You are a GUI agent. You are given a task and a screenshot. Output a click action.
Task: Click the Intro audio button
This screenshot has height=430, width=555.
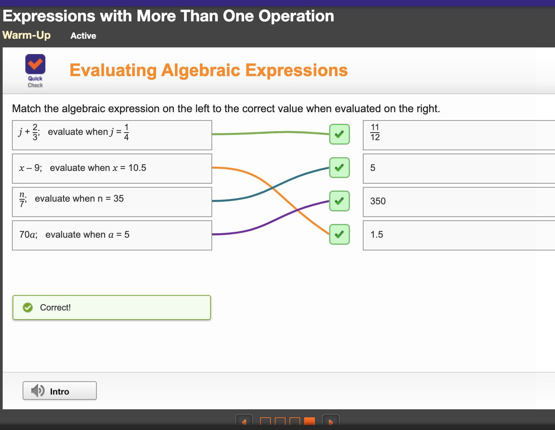[59, 391]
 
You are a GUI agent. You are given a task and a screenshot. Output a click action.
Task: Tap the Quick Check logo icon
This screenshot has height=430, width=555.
[35, 64]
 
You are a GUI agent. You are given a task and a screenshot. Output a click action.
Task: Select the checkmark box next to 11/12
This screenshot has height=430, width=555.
[339, 134]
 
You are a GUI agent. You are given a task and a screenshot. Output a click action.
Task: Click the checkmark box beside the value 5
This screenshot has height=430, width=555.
[339, 168]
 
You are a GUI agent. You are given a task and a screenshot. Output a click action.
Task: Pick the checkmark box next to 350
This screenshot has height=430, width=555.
[339, 201]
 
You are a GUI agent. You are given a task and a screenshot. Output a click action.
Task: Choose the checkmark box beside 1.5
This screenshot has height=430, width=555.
[339, 234]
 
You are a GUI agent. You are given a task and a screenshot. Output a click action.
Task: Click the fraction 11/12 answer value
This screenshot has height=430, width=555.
[375, 132]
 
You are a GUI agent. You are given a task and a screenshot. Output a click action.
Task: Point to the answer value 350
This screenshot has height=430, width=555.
[378, 201]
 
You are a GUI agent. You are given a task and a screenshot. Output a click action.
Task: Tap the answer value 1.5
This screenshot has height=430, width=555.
[377, 235]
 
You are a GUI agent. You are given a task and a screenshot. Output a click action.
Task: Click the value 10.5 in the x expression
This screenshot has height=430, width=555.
[137, 168]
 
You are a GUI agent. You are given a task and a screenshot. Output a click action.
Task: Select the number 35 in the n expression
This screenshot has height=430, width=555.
[119, 199]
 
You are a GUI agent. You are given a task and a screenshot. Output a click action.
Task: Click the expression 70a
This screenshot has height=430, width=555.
[28, 235]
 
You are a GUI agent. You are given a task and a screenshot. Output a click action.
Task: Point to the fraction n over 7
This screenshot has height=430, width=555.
[22, 200]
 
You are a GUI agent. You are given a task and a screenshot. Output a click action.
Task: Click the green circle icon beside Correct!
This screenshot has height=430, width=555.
[28, 307]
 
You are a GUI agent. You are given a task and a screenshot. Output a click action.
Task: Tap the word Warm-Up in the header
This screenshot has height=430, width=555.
[26, 35]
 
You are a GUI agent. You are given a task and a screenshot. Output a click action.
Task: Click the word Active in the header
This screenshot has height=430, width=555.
[83, 36]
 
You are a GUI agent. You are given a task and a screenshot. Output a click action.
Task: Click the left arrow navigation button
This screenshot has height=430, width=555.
[244, 420]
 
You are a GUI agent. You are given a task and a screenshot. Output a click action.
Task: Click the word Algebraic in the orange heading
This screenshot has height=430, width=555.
[201, 70]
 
